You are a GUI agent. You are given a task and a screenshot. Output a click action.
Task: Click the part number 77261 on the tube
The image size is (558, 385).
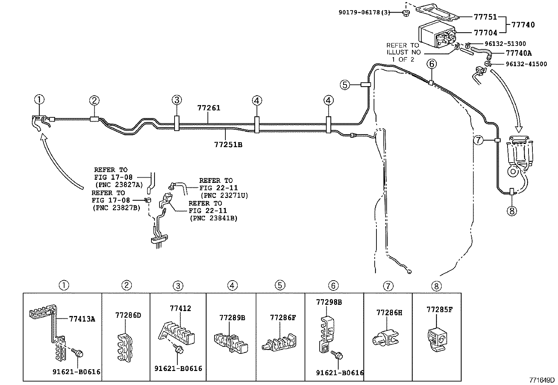pos(208,108)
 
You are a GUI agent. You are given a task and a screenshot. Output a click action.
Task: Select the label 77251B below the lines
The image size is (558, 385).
pos(228,144)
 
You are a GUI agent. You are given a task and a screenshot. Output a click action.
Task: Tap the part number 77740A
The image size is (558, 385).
pos(519,53)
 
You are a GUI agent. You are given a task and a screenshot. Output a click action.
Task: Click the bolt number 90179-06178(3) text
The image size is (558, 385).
pos(369,13)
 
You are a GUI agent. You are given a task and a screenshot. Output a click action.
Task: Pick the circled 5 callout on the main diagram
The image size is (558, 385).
pos(345,84)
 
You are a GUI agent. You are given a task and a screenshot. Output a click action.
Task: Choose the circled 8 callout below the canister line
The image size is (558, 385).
pos(512,211)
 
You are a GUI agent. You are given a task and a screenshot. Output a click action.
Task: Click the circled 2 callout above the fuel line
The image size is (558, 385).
pos(94,101)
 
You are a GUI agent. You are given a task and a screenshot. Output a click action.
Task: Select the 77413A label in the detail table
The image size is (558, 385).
pos(82,319)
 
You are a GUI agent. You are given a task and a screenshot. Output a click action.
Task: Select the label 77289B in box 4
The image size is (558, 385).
pos(232,318)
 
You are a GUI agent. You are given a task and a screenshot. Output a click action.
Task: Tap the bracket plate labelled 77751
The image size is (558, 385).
pos(438,13)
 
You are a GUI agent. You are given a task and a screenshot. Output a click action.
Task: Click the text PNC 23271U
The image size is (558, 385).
pos(224,195)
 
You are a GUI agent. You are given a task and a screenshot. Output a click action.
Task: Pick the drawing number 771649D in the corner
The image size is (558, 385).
pos(542,380)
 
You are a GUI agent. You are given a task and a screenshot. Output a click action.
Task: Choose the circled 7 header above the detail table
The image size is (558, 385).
pos(388,286)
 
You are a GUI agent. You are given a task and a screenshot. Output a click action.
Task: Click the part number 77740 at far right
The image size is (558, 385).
pos(523,25)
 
